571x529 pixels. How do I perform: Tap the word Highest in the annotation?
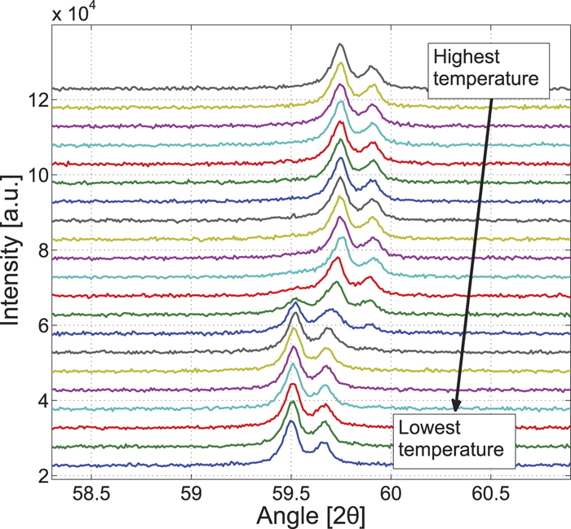pos(462,59)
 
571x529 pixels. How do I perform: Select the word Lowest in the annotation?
pos(424,428)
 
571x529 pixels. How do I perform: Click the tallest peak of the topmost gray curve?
pos(340,45)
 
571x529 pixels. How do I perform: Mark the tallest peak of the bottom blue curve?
pos(290,422)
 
